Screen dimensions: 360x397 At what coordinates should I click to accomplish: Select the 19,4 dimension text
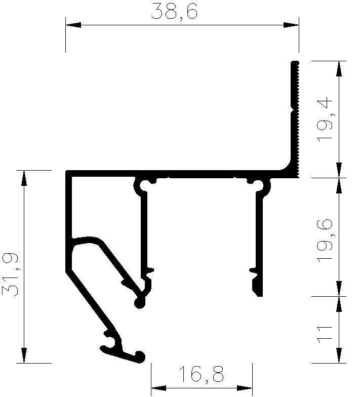[x=325, y=120]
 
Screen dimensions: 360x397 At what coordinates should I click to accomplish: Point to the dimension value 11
[x=325, y=334]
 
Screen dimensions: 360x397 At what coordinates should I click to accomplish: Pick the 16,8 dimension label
[x=201, y=374]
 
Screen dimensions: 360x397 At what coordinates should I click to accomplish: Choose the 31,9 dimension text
[x=11, y=274]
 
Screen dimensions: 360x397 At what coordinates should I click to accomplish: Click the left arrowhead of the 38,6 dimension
[x=73, y=25]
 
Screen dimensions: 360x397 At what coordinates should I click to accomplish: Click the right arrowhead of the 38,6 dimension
[x=291, y=25]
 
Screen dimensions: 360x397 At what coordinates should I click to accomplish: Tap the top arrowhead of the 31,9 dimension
[x=24, y=178]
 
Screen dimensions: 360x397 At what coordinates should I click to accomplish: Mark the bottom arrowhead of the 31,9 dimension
[x=24, y=355]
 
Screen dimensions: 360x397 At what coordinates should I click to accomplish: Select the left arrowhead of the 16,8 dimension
[x=159, y=388]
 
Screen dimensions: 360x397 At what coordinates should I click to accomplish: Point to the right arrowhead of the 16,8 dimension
[x=245, y=388]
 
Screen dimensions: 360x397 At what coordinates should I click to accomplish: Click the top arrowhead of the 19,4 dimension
[x=339, y=69]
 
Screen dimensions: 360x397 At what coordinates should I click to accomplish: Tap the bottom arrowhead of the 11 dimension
[x=339, y=355]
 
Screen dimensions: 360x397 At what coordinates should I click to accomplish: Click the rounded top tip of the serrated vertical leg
[x=295, y=62]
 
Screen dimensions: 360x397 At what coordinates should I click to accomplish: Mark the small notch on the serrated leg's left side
[x=292, y=110]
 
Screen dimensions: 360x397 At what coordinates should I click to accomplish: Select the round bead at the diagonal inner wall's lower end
[x=140, y=303]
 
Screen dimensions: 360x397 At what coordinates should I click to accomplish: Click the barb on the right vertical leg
[x=253, y=270]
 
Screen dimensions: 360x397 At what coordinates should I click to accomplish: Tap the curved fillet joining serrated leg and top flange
[x=286, y=167]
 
